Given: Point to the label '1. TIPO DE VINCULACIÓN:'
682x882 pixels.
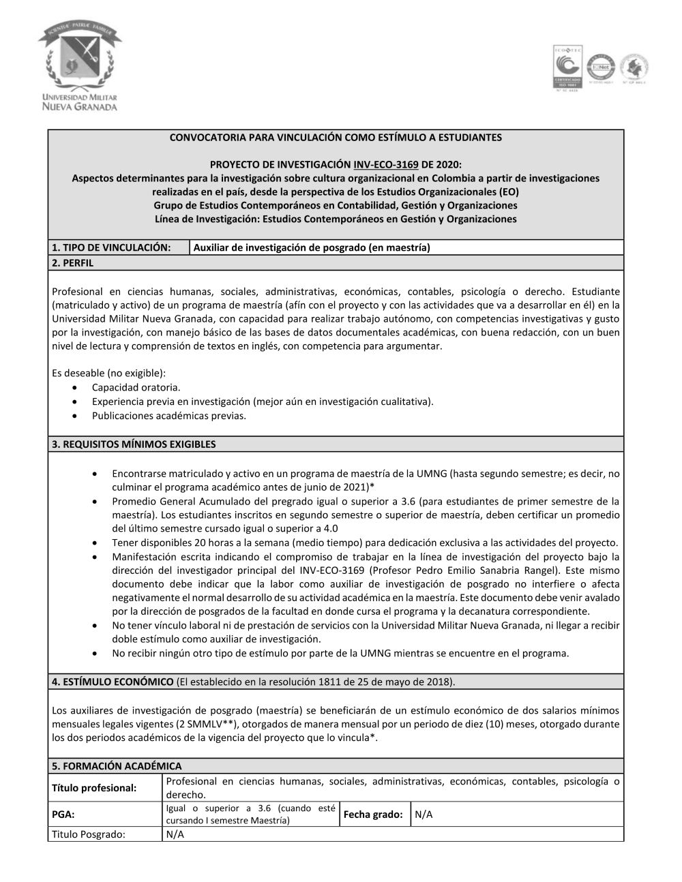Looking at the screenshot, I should coord(110,247).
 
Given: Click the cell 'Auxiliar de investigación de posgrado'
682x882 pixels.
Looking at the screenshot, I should coord(312,247).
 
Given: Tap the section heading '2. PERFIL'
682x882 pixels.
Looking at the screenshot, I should coord(73,262).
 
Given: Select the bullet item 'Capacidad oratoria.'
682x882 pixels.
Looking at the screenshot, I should coord(136,388).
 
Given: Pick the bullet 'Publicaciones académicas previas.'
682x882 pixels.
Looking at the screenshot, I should coord(168,415).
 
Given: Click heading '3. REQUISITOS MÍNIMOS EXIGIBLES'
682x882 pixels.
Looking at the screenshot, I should coord(134,444).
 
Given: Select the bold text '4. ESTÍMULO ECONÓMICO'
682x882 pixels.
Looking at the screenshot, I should coord(113,682).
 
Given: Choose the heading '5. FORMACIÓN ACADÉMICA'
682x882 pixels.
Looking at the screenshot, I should coord(117,766).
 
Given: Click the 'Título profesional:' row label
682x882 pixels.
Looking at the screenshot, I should coord(94,788).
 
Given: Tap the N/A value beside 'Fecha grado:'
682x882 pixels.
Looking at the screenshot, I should coord(424,815).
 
